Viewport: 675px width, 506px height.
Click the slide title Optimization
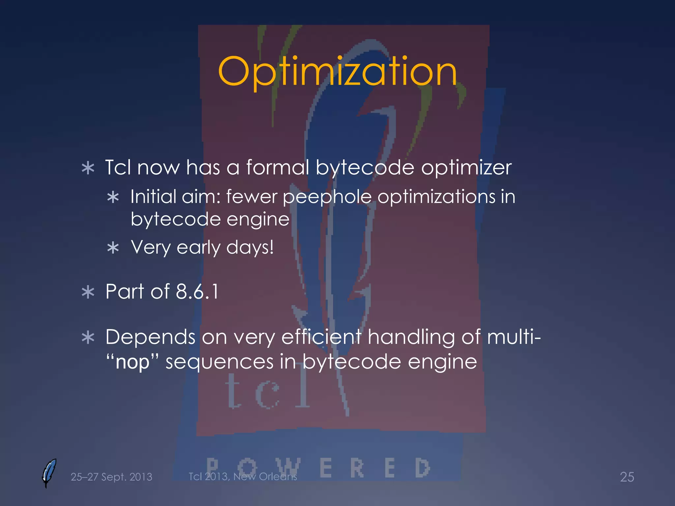(337, 72)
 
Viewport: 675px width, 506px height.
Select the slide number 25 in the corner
(627, 477)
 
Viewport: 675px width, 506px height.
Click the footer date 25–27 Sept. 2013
(111, 477)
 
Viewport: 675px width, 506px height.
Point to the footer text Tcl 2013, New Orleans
(243, 476)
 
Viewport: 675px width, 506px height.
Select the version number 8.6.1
(197, 292)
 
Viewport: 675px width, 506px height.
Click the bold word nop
(132, 362)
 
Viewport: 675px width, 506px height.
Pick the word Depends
(150, 338)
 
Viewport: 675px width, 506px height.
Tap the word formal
(278, 167)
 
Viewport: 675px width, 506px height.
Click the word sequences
(219, 362)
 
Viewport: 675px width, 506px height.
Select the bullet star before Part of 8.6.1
(88, 292)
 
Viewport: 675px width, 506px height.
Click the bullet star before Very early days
(113, 248)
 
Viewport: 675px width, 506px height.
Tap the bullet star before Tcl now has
(88, 168)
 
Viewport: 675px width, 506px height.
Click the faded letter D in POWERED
(422, 468)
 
